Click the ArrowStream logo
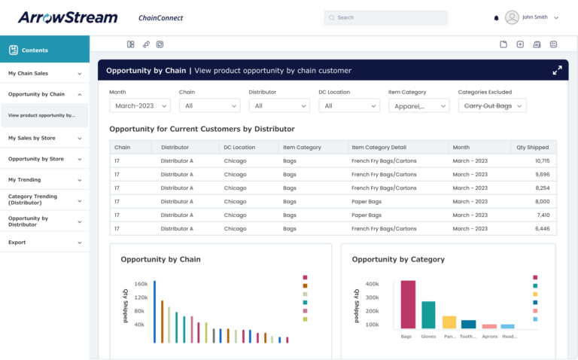(68, 17)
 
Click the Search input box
(385, 17)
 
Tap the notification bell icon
(496, 17)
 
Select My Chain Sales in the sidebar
(44, 74)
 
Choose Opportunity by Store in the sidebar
(44, 159)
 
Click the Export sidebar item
(44, 243)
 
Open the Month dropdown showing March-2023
(140, 106)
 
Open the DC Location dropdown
(348, 106)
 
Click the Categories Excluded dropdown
(491, 106)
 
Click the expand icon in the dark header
(557, 71)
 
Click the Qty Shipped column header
(532, 148)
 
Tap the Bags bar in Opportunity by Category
(408, 304)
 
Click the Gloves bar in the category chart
(428, 315)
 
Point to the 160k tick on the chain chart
(140, 284)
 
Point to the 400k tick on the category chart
(372, 284)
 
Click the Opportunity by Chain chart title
(160, 259)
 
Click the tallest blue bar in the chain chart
(154, 312)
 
